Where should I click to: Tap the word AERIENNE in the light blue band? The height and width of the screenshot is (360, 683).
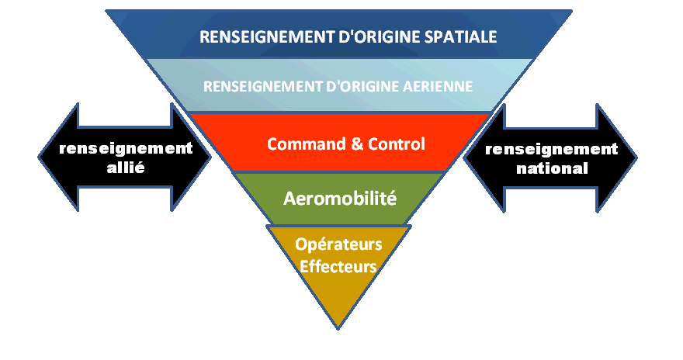coord(440,85)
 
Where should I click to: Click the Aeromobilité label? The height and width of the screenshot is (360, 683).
coord(340,198)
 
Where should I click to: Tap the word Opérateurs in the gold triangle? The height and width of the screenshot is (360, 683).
coord(339,244)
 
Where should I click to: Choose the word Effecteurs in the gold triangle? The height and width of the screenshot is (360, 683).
coord(339,265)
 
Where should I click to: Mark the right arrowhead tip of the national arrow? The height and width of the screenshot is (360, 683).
coord(636,158)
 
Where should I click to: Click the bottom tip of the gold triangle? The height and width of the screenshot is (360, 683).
coord(339,327)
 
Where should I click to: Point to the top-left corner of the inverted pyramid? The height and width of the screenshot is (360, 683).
coord(106,11)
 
